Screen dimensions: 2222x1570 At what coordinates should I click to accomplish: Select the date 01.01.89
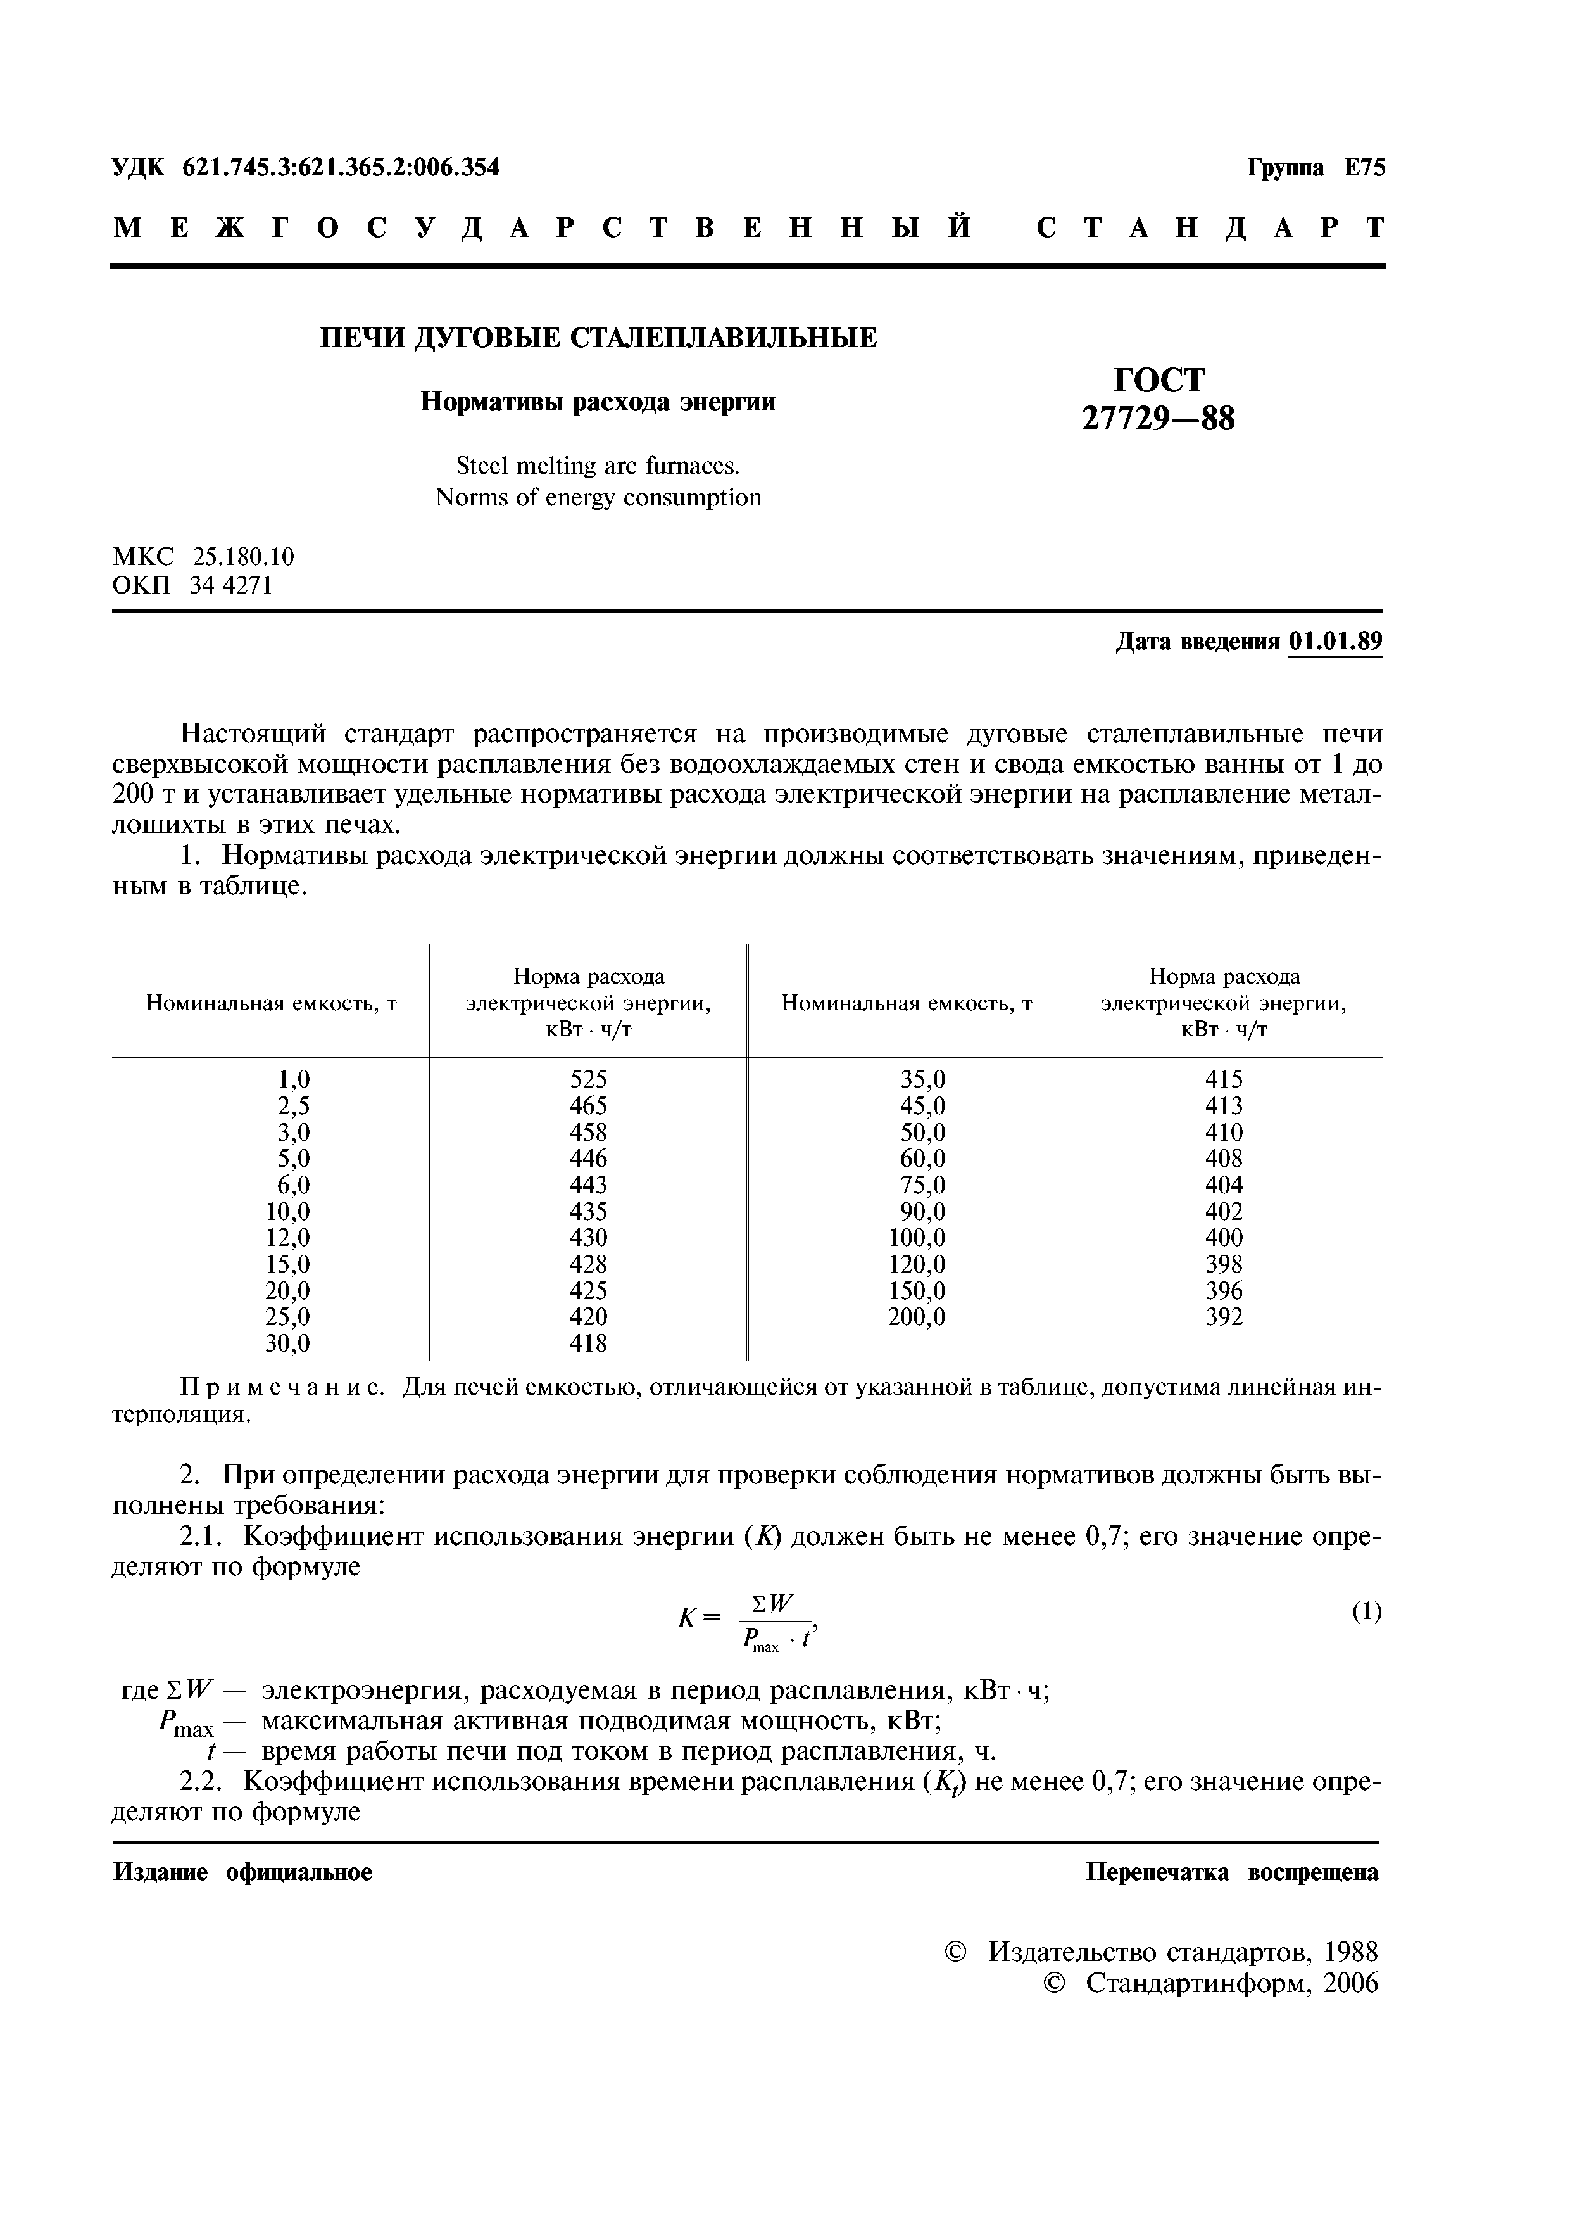click(x=1335, y=642)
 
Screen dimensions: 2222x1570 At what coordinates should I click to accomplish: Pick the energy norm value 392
click(x=1224, y=1317)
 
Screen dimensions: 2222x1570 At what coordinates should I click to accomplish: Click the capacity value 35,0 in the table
click(x=923, y=1079)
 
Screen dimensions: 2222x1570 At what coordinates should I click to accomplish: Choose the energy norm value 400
click(x=1224, y=1238)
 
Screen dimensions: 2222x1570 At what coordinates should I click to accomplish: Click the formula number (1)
click(x=1366, y=1611)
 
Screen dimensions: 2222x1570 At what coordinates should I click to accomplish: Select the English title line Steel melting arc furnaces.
click(x=598, y=466)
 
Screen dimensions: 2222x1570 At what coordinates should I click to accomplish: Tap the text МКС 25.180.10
click(x=204, y=557)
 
